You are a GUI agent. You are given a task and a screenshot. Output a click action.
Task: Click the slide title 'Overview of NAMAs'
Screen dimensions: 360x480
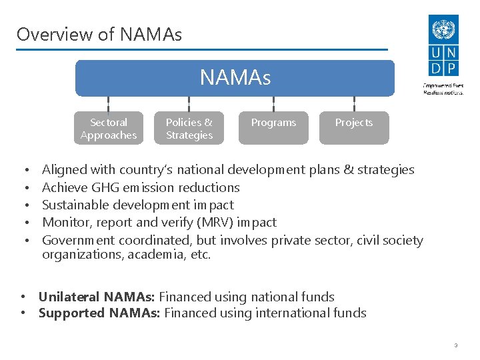[99, 34]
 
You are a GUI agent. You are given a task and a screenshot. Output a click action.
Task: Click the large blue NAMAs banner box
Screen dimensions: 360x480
[235, 78]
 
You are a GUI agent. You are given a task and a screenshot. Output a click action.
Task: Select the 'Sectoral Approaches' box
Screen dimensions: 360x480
[109, 128]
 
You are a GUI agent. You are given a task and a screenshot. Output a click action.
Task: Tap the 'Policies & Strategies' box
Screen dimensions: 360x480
[189, 128]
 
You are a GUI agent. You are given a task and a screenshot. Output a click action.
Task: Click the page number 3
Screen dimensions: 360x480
[455, 345]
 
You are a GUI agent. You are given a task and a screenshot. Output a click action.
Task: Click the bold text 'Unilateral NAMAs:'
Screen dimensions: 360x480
[97, 297]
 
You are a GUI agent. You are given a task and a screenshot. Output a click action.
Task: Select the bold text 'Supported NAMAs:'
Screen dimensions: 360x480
[99, 313]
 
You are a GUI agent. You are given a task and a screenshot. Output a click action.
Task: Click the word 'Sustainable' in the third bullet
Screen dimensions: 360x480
[74, 205]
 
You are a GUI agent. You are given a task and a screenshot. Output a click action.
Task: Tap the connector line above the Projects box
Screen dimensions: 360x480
[354, 104]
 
